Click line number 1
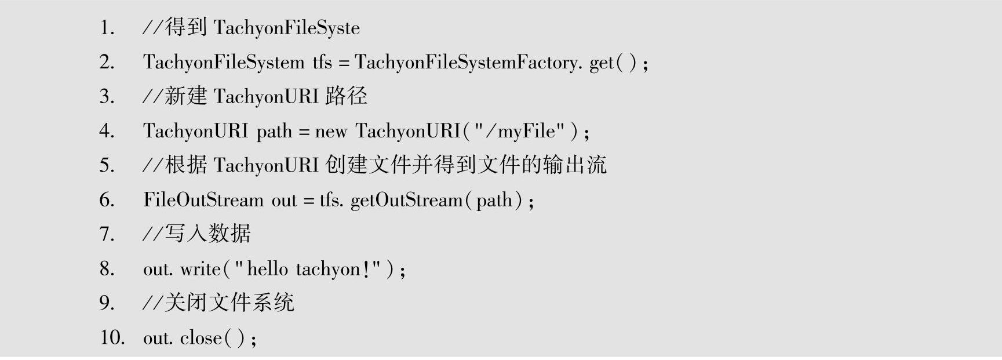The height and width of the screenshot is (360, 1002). pyautogui.click(x=107, y=28)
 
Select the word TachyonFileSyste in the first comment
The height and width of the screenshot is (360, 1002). pyautogui.click(x=286, y=28)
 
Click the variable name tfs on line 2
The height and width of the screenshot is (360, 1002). pyautogui.click(x=322, y=62)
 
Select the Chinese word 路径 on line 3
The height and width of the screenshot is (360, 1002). pyautogui.click(x=346, y=96)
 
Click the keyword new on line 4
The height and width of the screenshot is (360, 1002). pyautogui.click(x=331, y=132)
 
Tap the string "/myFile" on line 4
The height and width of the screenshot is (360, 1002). pyautogui.click(x=519, y=131)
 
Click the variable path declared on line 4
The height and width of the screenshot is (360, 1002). pyautogui.click(x=274, y=132)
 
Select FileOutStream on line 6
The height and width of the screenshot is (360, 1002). pyautogui.click(x=203, y=200)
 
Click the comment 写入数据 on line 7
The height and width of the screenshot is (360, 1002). pyautogui.click(x=207, y=234)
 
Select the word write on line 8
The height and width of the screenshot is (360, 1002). pyautogui.click(x=201, y=269)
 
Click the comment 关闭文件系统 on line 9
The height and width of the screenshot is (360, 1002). pyautogui.click(x=229, y=303)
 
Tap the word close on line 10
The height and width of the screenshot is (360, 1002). pyautogui.click(x=201, y=337)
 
